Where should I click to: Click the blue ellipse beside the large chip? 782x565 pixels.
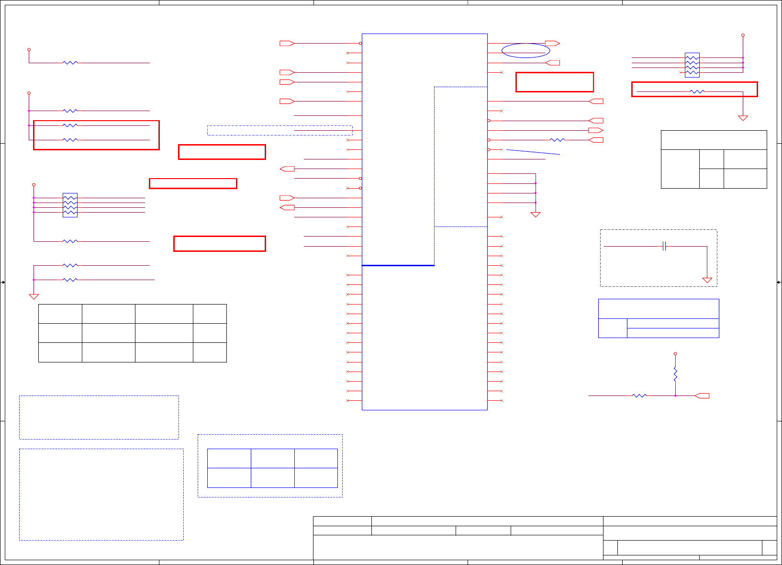[525, 50]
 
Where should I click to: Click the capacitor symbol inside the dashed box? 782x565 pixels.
[664, 246]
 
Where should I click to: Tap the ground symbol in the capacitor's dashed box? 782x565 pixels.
[707, 280]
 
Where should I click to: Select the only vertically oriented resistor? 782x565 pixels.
[675, 374]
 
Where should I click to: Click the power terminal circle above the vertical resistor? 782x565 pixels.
[675, 353]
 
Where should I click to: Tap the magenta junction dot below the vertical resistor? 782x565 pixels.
[675, 395]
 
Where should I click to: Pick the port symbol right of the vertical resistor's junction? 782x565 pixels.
[702, 395]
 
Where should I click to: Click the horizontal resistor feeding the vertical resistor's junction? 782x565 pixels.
[639, 395]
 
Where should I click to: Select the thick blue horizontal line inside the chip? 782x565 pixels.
[398, 265]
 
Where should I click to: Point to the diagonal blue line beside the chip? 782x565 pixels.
[533, 152]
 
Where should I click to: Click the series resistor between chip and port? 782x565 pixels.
[557, 140]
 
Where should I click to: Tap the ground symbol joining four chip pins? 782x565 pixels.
[536, 215]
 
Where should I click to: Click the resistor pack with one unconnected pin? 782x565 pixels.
[692, 65]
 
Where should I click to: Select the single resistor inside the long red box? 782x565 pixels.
[697, 91]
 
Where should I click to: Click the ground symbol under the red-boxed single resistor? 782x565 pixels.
[743, 118]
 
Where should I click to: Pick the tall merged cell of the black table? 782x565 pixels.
[680, 169]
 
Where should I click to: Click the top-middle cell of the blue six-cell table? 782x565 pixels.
[272, 458]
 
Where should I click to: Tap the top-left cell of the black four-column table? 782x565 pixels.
[60, 314]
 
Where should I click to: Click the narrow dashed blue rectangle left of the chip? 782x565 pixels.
[279, 130]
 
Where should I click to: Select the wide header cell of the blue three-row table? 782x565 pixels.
[659, 309]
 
